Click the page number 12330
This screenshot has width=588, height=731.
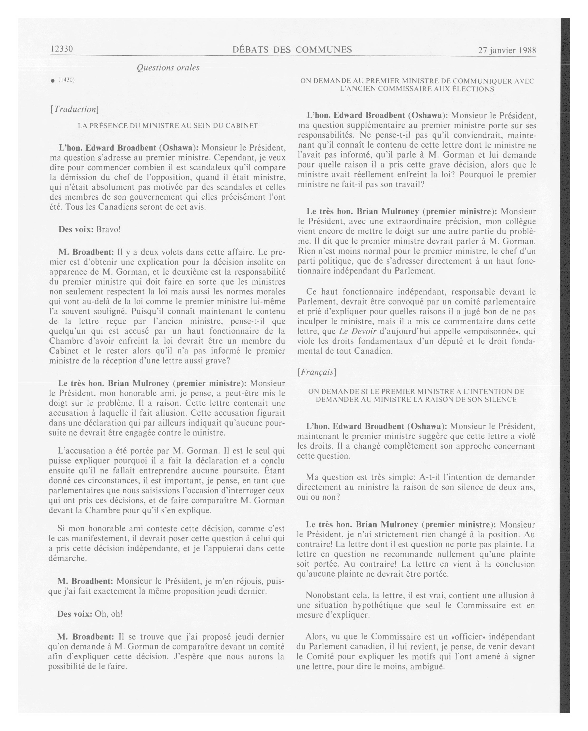[62, 49]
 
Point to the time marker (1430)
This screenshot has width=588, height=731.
[67, 80]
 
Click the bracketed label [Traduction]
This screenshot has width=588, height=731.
[74, 110]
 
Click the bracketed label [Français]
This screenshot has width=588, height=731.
[316, 372]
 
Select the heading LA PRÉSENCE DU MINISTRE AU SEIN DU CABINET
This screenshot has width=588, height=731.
[168, 126]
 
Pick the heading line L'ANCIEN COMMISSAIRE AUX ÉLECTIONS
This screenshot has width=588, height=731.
[417, 89]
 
